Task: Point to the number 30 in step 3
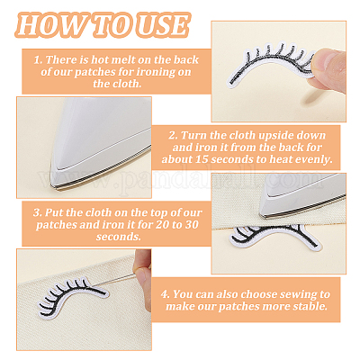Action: click(192, 225)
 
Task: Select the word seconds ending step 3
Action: click(119, 237)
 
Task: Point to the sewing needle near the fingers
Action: click(120, 278)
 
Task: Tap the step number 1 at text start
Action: click(38, 60)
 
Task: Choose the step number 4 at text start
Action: click(165, 294)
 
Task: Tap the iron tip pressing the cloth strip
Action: click(264, 214)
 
